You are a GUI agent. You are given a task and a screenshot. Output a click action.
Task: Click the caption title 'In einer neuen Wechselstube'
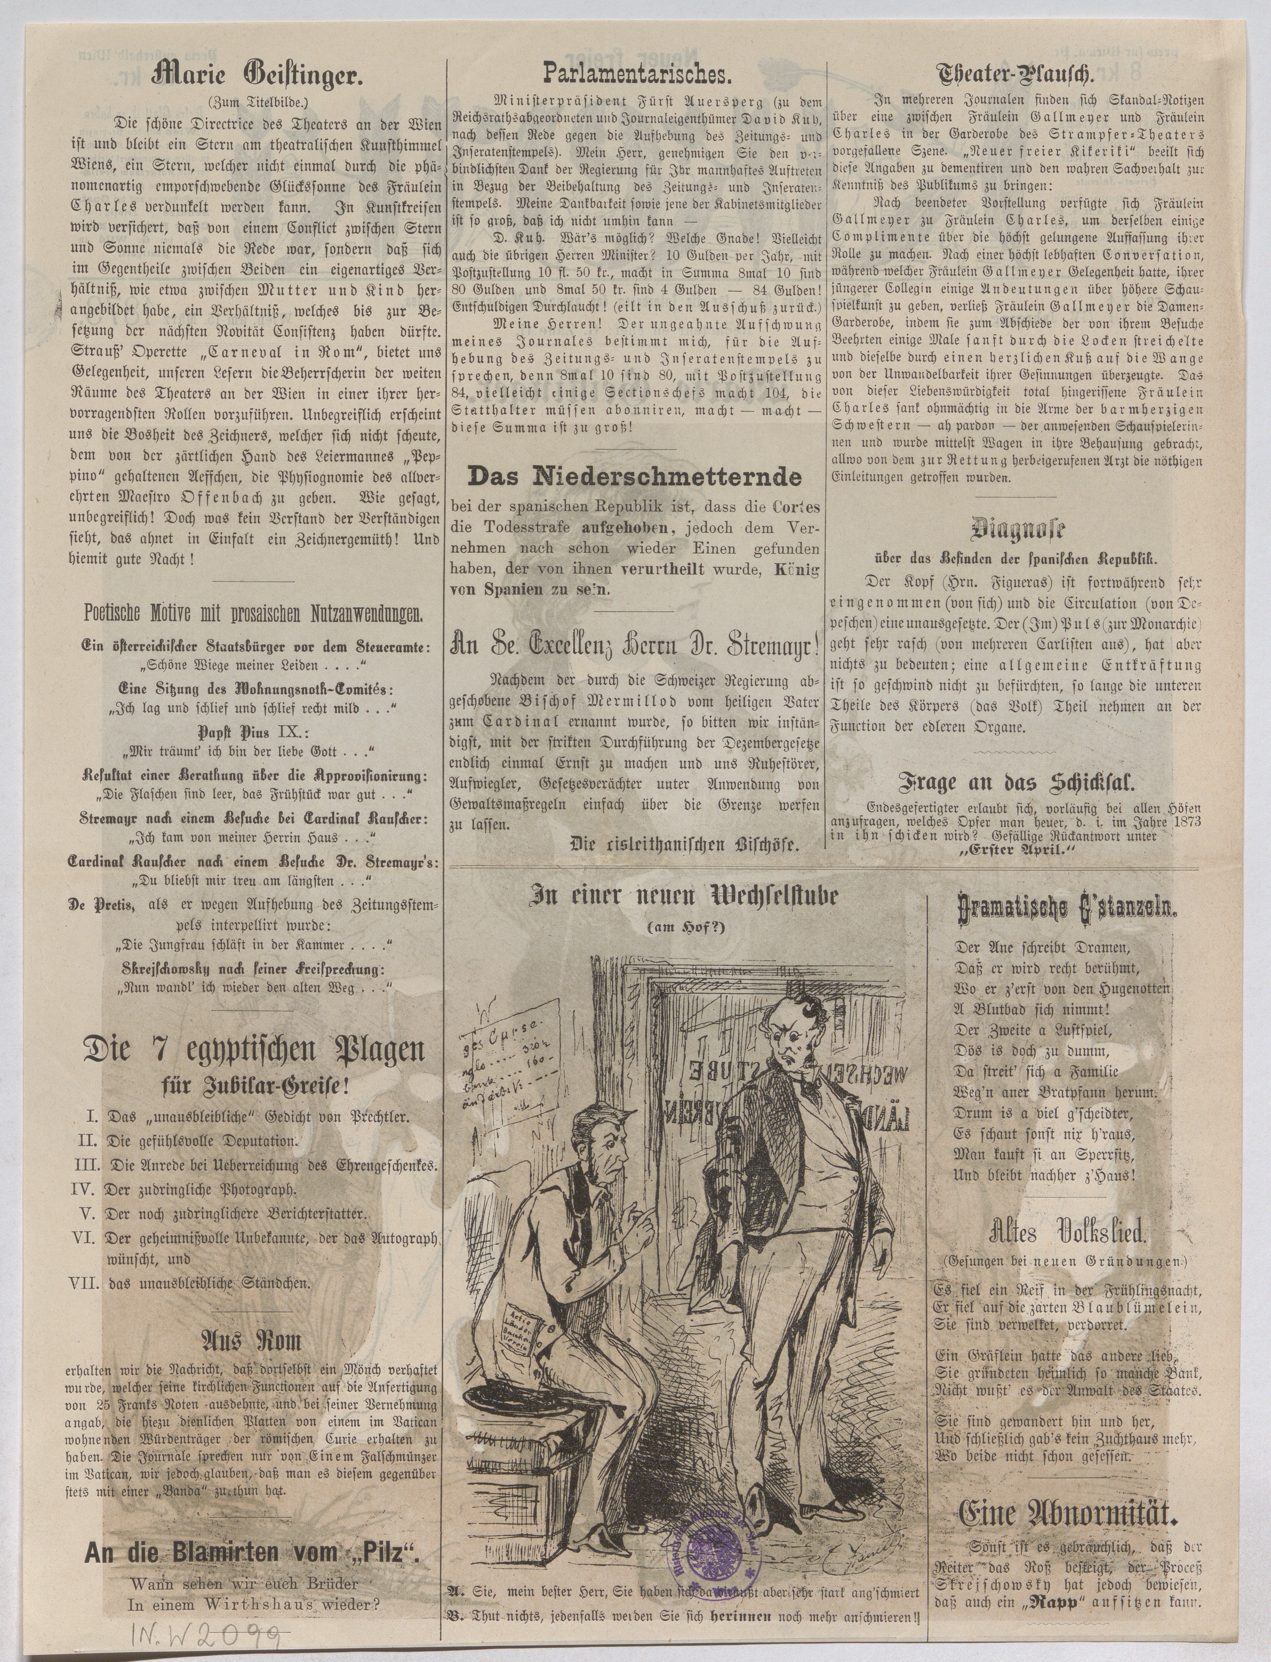tap(684, 897)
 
